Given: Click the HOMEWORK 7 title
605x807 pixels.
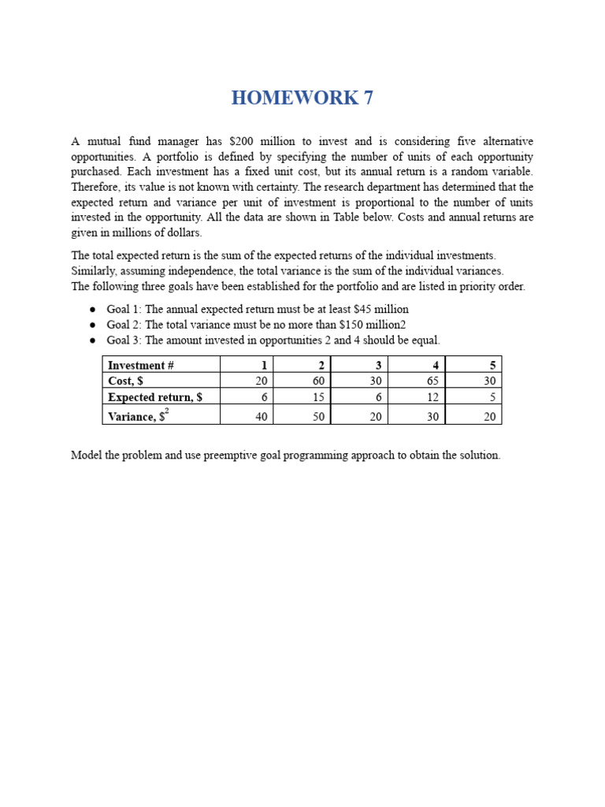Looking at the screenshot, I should (302, 98).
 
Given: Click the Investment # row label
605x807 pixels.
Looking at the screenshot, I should (136, 365).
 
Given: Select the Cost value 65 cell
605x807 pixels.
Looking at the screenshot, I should (432, 381).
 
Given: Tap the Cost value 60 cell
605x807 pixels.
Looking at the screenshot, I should (319, 381).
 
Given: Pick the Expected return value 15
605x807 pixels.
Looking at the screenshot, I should (319, 397).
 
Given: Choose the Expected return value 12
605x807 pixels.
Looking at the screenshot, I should (432, 397).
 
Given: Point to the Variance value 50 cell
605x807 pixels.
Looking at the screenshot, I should (319, 417).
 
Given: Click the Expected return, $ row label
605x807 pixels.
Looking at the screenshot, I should (155, 397).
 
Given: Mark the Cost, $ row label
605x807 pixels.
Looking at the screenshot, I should (125, 381).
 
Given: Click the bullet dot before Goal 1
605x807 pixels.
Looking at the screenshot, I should (92, 310).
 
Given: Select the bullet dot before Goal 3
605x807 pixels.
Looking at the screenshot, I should (92, 340).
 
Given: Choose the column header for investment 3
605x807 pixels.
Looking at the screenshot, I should (378, 365).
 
